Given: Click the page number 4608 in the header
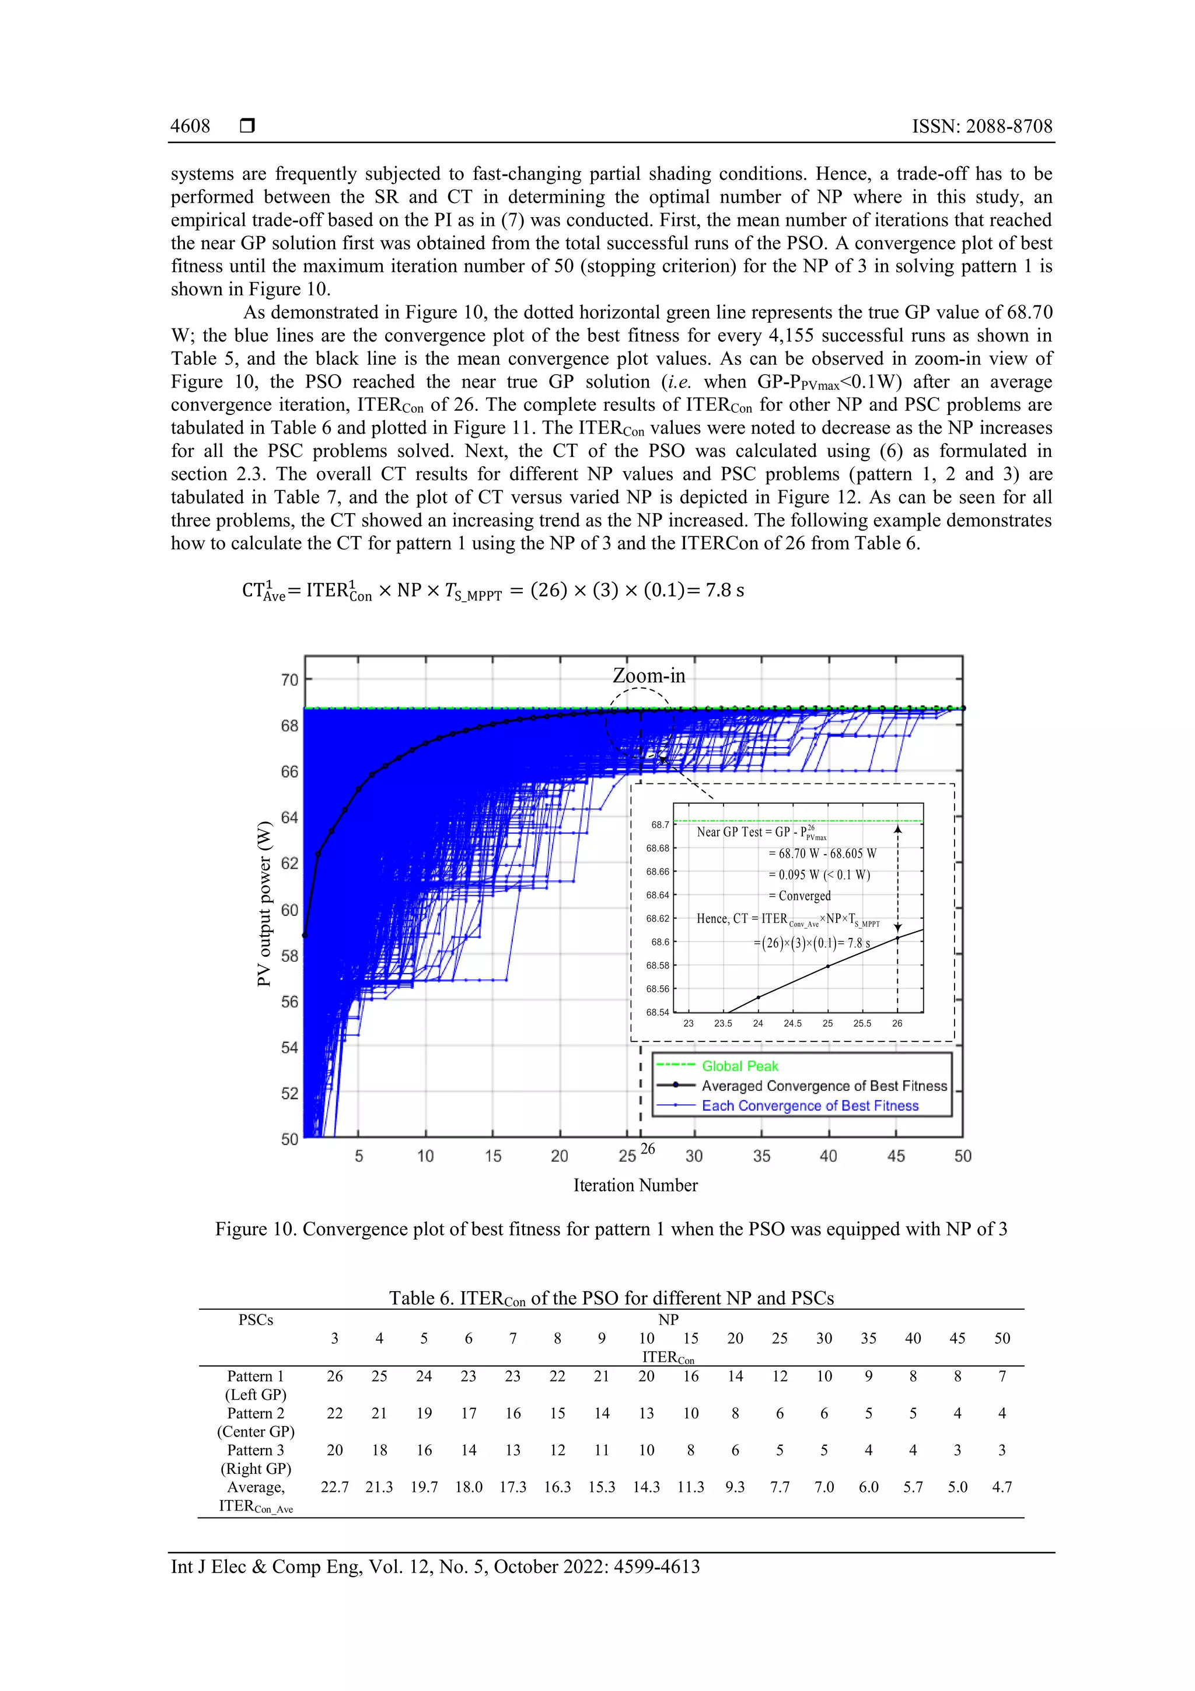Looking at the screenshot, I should point(190,126).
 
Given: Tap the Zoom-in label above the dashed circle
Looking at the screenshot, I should point(649,675).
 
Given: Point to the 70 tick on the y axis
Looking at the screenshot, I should point(289,680).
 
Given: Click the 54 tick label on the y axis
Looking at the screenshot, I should point(289,1047).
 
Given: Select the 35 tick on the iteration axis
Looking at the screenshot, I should point(761,1156).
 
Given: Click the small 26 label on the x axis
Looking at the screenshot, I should point(647,1148).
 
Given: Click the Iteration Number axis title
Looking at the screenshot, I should point(635,1185).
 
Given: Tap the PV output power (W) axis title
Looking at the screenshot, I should point(264,904).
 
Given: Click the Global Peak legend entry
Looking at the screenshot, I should point(739,1066).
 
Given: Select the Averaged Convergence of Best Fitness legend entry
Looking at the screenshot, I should point(824,1086).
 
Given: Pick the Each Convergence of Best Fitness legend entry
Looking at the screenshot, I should point(810,1106).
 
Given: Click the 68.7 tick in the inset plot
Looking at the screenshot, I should point(660,825).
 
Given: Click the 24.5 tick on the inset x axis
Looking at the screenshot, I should point(792,1023).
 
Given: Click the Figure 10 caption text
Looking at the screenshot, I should point(610,1229).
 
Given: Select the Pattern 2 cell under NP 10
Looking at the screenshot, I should point(646,1413).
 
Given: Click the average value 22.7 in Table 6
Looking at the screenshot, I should point(334,1486).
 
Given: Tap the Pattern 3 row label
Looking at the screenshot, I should point(256,1449).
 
